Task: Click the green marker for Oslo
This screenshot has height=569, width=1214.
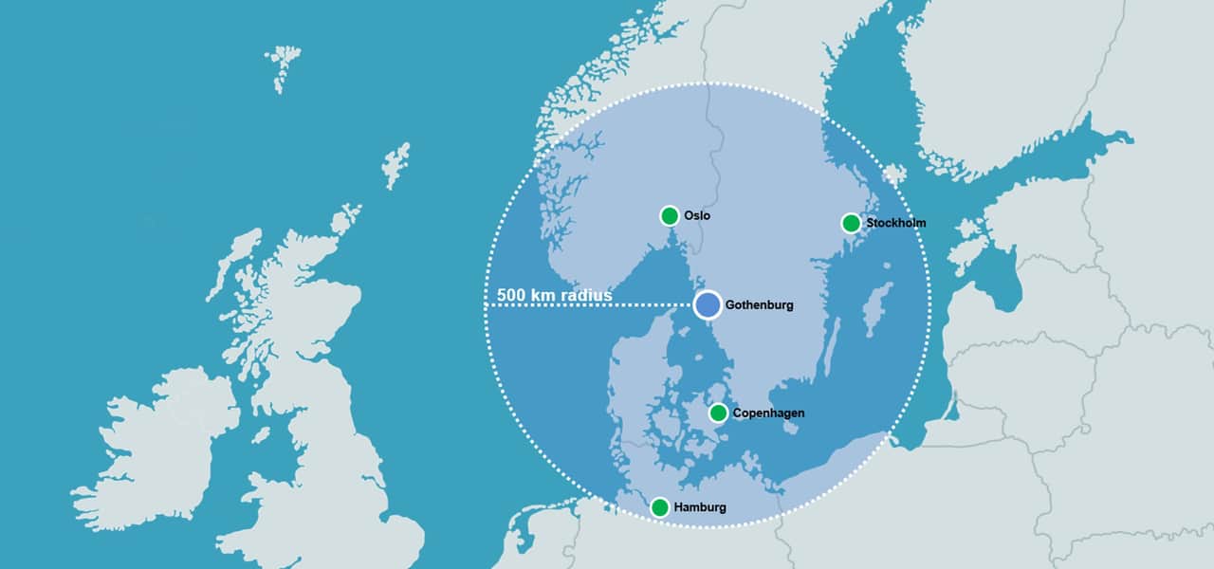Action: [x=670, y=215]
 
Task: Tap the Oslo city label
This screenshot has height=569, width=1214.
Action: [x=697, y=216]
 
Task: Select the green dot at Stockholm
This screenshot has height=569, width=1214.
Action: [x=851, y=223]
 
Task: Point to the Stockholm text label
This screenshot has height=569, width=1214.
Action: [x=896, y=223]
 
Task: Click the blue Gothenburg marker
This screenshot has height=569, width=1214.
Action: [x=708, y=304]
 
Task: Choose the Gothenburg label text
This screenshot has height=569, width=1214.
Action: [x=759, y=305]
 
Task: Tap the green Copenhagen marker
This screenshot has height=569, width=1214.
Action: [x=718, y=413]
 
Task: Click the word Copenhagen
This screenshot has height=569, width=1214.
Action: [x=768, y=413]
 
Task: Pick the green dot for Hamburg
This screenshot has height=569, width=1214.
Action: [x=659, y=507]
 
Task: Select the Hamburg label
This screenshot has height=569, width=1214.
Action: [x=700, y=507]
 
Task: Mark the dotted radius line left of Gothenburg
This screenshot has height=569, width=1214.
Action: [x=645, y=305]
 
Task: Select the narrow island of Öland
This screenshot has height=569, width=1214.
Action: [x=832, y=347]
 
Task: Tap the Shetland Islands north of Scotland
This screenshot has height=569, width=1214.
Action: [x=396, y=166]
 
